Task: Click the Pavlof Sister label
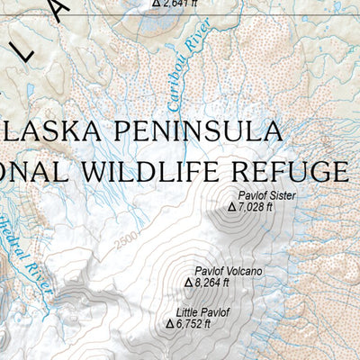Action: (x=266, y=194)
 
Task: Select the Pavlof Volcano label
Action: (x=229, y=271)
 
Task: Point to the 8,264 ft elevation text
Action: (x=211, y=283)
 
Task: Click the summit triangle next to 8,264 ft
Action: (x=189, y=283)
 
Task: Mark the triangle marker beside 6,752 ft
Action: (x=169, y=324)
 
